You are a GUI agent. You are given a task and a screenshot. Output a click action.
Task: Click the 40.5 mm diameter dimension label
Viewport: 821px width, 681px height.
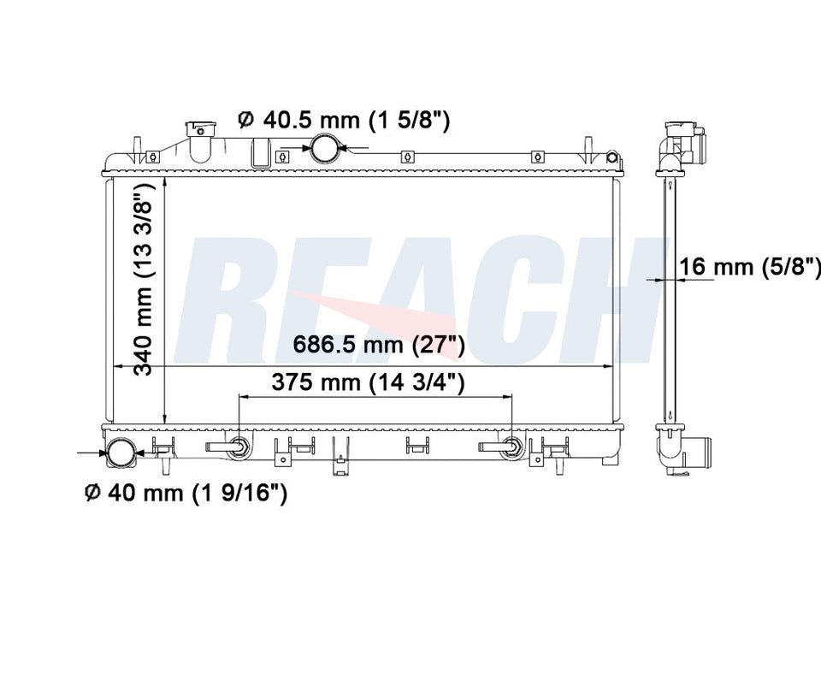coord(344,121)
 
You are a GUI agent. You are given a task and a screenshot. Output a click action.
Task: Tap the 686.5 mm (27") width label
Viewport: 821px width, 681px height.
coord(379,345)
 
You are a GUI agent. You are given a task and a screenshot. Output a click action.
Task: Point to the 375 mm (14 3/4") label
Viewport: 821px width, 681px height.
coord(368,382)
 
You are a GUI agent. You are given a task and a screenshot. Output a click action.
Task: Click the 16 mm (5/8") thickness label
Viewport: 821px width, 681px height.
coord(750,266)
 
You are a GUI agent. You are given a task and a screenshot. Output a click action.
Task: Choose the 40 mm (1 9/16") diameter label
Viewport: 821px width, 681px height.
coord(186,493)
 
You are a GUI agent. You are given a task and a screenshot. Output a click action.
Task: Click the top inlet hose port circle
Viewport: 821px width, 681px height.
coord(325,148)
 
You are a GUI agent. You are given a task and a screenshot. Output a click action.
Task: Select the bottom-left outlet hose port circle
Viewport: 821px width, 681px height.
coord(121,453)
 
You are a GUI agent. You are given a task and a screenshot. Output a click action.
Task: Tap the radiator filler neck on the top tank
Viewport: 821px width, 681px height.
coord(200,140)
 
